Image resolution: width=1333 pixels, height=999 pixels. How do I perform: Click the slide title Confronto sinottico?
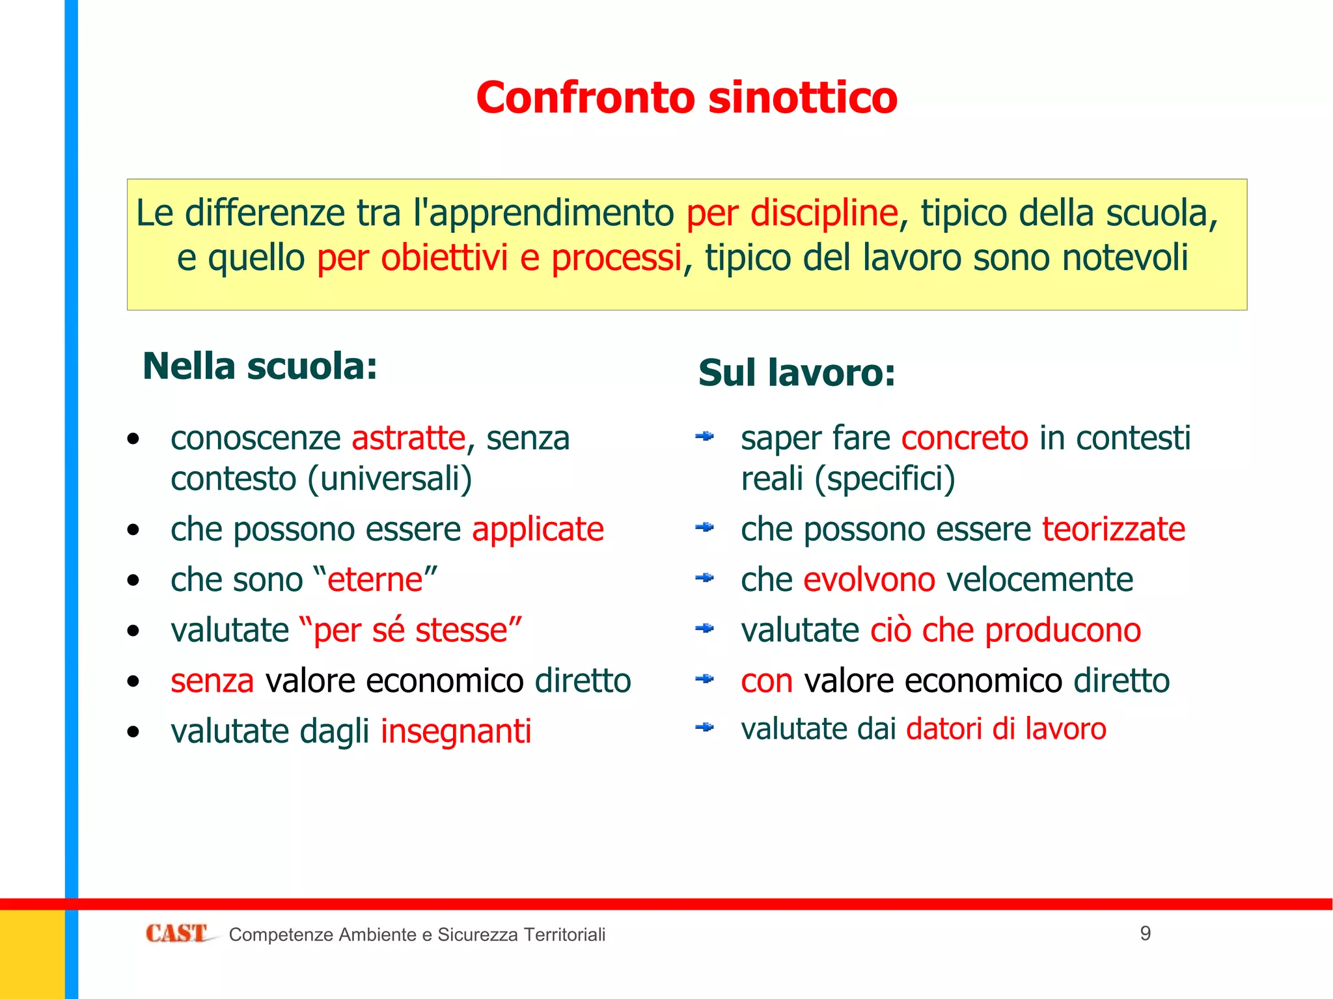[687, 98]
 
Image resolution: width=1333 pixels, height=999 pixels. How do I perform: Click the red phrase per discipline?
[792, 213]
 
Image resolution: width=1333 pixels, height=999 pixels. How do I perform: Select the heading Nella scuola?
[260, 366]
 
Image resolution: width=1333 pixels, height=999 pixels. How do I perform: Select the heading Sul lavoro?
[797, 373]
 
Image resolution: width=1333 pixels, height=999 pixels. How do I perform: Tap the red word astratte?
[409, 438]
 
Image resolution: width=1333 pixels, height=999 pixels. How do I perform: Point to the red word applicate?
[538, 529]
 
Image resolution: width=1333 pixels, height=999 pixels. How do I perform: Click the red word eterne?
[375, 580]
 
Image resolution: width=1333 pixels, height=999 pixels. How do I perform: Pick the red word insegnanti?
[456, 732]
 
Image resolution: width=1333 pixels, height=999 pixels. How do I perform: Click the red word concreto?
[965, 438]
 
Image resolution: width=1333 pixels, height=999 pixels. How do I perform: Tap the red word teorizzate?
[1114, 529]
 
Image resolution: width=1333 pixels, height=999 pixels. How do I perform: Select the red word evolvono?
[869, 580]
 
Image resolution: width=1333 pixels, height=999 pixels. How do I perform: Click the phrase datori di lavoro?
[1006, 729]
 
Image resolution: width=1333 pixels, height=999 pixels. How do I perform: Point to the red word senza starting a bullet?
[212, 681]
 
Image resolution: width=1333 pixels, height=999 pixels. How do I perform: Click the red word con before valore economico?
[767, 681]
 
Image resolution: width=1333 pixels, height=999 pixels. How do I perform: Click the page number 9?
[1146, 933]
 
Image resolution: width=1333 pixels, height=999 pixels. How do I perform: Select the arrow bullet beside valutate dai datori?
[704, 727]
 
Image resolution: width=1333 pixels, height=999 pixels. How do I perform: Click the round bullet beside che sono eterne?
[133, 581]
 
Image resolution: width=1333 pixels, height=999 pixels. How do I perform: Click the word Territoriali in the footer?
[564, 935]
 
